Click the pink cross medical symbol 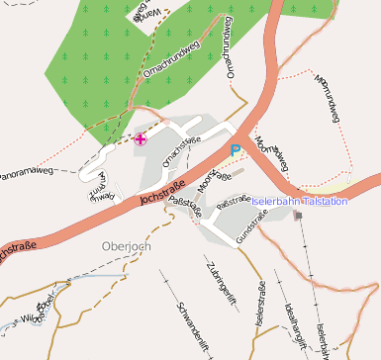[x=142, y=139]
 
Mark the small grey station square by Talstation [x=298, y=215]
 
